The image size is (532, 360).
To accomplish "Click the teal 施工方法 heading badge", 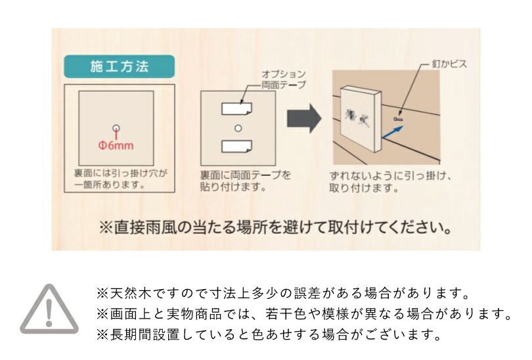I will click(119, 68).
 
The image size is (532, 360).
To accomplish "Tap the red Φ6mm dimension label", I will click(116, 145).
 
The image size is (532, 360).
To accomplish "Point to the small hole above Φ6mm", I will click(116, 128).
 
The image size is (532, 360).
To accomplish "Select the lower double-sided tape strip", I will click(237, 146).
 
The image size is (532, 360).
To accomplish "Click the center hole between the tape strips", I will click(238, 127).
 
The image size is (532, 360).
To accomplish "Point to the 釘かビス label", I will click(449, 66).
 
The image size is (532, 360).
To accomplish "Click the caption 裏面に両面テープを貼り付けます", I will click(245, 181).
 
